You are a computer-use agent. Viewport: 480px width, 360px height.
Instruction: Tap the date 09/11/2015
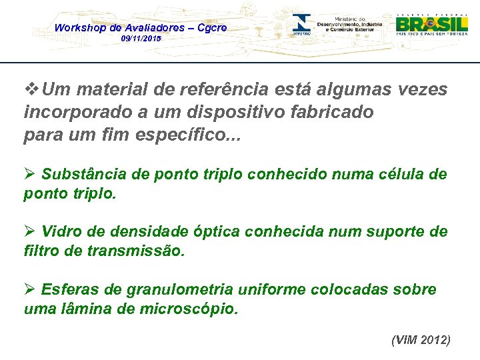(141, 40)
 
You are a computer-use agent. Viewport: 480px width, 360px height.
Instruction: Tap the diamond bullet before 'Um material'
(30, 89)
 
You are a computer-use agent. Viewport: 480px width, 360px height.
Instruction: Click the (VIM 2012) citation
(421, 340)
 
